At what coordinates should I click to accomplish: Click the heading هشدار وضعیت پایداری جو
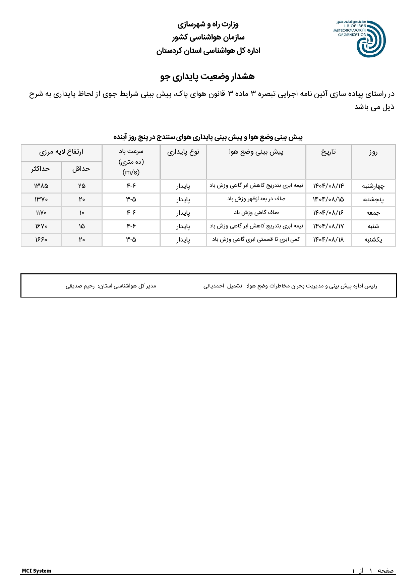click(x=207, y=76)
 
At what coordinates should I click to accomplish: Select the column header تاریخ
click(x=329, y=152)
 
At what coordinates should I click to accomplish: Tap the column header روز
click(x=373, y=152)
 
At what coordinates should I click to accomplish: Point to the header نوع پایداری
click(x=183, y=152)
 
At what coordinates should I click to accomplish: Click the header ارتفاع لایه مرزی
click(x=61, y=152)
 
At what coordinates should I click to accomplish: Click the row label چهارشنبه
click(x=373, y=186)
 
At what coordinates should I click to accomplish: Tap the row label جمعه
click(x=373, y=213)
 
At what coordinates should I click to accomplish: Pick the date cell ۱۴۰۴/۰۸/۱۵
click(x=329, y=200)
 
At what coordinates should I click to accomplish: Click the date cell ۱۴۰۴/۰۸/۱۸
click(x=329, y=240)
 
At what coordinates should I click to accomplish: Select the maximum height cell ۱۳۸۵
click(x=41, y=186)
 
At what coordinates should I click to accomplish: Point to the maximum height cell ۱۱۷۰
click(x=41, y=213)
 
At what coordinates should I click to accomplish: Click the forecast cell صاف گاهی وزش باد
click(x=256, y=213)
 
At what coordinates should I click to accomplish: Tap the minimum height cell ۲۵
click(x=82, y=186)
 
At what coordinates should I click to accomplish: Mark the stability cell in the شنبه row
click(x=183, y=226)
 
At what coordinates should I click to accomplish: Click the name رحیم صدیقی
click(x=80, y=286)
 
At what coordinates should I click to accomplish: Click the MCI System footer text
click(x=37, y=571)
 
